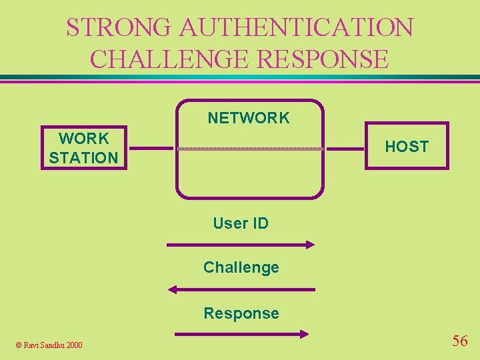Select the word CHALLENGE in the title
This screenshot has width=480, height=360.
click(x=169, y=59)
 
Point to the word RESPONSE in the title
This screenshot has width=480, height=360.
click(x=322, y=59)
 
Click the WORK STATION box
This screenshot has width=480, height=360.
click(x=83, y=148)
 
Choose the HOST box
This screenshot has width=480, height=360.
click(x=407, y=147)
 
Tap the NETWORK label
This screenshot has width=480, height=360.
click(x=249, y=119)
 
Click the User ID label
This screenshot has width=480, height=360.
click(x=241, y=223)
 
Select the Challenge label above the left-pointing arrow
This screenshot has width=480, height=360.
click(x=241, y=267)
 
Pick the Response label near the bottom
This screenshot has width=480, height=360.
click(x=241, y=313)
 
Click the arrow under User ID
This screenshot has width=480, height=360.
click(x=240, y=245)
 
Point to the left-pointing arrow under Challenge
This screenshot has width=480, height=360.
click(x=241, y=289)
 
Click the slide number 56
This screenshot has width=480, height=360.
click(x=460, y=341)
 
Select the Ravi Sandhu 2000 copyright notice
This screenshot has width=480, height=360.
click(x=49, y=345)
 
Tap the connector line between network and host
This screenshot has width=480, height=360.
click(x=344, y=148)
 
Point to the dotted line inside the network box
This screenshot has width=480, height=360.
click(x=250, y=149)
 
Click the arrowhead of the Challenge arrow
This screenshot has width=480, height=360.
click(x=172, y=289)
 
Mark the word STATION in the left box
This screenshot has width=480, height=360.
click(x=83, y=158)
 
